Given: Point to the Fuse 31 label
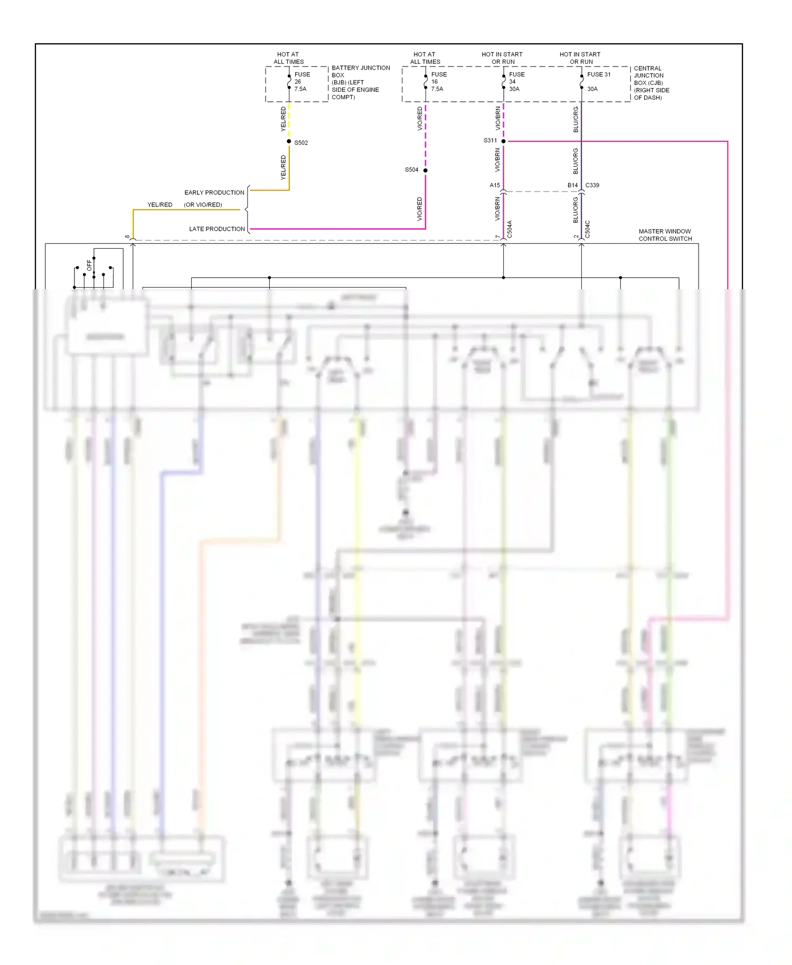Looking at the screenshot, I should pyautogui.click(x=598, y=75).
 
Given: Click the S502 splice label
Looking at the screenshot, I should pyautogui.click(x=301, y=143).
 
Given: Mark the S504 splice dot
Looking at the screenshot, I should pyautogui.click(x=425, y=171).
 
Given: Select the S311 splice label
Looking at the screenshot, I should pyautogui.click(x=490, y=141).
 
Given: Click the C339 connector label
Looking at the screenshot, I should pyautogui.click(x=592, y=185).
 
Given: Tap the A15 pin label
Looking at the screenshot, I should pyautogui.click(x=494, y=185).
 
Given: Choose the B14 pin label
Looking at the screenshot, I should pyautogui.click(x=572, y=185).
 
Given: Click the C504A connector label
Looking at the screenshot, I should pyautogui.click(x=510, y=230).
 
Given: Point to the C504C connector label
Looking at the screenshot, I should pyautogui.click(x=588, y=230).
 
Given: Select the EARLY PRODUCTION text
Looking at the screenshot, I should pyautogui.click(x=214, y=193).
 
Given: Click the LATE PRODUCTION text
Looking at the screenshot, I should pyautogui.click(x=217, y=229).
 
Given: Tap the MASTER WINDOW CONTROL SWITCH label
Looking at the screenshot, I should pyautogui.click(x=665, y=235).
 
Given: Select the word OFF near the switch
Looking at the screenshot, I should pyautogui.click(x=89, y=265).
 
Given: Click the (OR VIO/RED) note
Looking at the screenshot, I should pyautogui.click(x=203, y=205).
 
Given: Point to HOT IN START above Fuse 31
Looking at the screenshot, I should pyautogui.click(x=580, y=54).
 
